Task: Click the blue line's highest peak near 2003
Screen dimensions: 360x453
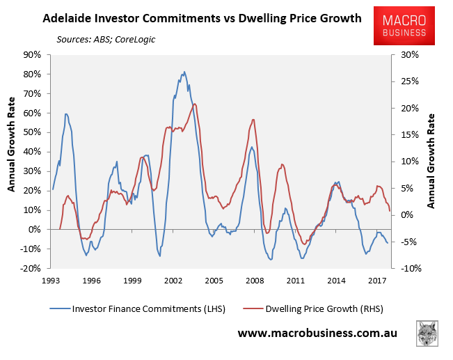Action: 184,72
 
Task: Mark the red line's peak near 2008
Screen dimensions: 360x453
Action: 253,119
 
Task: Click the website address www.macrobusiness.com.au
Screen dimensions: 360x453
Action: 317,334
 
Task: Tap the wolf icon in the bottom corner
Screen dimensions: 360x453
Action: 427,333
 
